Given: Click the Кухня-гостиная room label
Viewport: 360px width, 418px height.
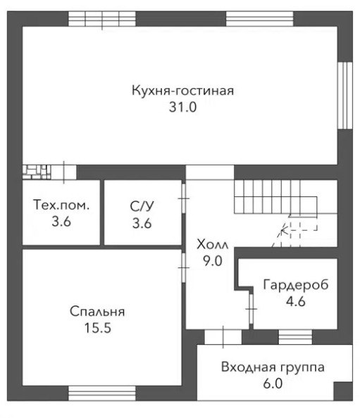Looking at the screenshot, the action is coord(182,91).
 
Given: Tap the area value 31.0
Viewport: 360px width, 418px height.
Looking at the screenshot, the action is coord(182,107).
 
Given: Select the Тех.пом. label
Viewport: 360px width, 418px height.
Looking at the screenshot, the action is coord(61,205).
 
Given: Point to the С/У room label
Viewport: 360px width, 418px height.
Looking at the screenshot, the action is coord(142,206).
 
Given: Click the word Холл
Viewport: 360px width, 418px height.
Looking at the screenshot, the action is coord(213,244).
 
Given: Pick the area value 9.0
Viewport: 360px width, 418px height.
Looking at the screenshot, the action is coord(213,260).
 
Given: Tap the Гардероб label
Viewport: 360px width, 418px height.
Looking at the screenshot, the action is coord(296,285).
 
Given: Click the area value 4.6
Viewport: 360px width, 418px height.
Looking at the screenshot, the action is coord(296,301).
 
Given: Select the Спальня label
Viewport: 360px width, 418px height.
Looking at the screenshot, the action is coord(97,311).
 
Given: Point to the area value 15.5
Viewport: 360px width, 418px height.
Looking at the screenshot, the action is coord(98,328).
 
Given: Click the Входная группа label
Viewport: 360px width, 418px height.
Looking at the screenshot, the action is coord(273,367).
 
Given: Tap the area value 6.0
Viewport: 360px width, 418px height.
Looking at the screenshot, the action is coord(273,384).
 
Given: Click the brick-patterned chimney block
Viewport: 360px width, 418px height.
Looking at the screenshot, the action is coord(37,172).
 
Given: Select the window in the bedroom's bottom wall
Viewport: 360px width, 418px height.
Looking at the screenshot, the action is coord(102,393).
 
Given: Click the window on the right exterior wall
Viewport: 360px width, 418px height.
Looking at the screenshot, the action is coord(345,96).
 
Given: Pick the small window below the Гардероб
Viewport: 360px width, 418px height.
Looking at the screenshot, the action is coord(295,337).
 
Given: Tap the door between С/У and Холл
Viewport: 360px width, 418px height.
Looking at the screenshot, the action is coord(184,198).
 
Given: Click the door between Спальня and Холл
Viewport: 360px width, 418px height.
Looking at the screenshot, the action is coord(184,267).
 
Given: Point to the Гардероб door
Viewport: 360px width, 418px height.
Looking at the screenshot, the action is coord(251,309).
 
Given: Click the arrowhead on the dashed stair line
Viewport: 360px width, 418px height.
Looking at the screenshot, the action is coord(284,229).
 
